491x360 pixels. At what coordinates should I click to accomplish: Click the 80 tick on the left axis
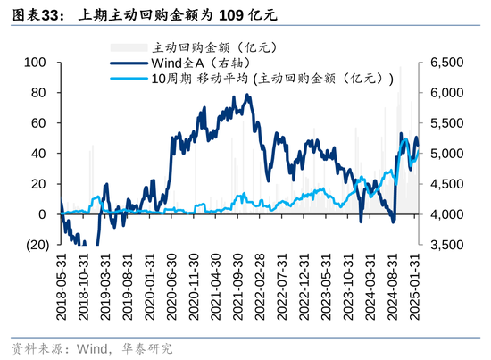[37, 93]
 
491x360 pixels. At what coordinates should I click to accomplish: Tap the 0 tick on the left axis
[41, 214]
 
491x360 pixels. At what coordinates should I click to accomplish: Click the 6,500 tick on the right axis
[449, 63]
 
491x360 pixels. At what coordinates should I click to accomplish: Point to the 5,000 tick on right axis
[449, 154]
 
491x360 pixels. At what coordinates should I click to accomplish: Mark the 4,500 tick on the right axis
[449, 184]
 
